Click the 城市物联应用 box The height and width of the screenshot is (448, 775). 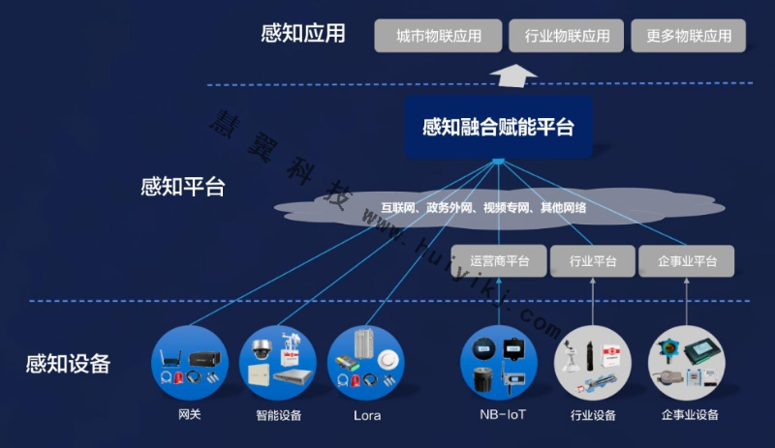click(x=439, y=37)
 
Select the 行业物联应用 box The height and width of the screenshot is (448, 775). click(x=567, y=37)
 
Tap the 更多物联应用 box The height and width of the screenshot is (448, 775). click(x=689, y=37)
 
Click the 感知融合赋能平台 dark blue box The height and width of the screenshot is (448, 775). click(x=498, y=127)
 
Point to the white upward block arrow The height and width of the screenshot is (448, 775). click(x=513, y=74)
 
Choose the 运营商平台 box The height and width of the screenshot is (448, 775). click(x=499, y=261)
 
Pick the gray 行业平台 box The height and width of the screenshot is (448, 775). click(x=593, y=261)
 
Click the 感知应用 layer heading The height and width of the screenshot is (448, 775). click(x=303, y=35)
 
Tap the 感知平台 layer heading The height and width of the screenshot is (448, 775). click(x=183, y=187)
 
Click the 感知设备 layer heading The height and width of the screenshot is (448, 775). click(x=68, y=365)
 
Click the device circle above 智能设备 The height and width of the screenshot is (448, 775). click(x=278, y=364)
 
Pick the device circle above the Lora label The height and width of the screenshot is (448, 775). click(x=366, y=364)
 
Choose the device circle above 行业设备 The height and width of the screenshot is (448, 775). click(x=593, y=364)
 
